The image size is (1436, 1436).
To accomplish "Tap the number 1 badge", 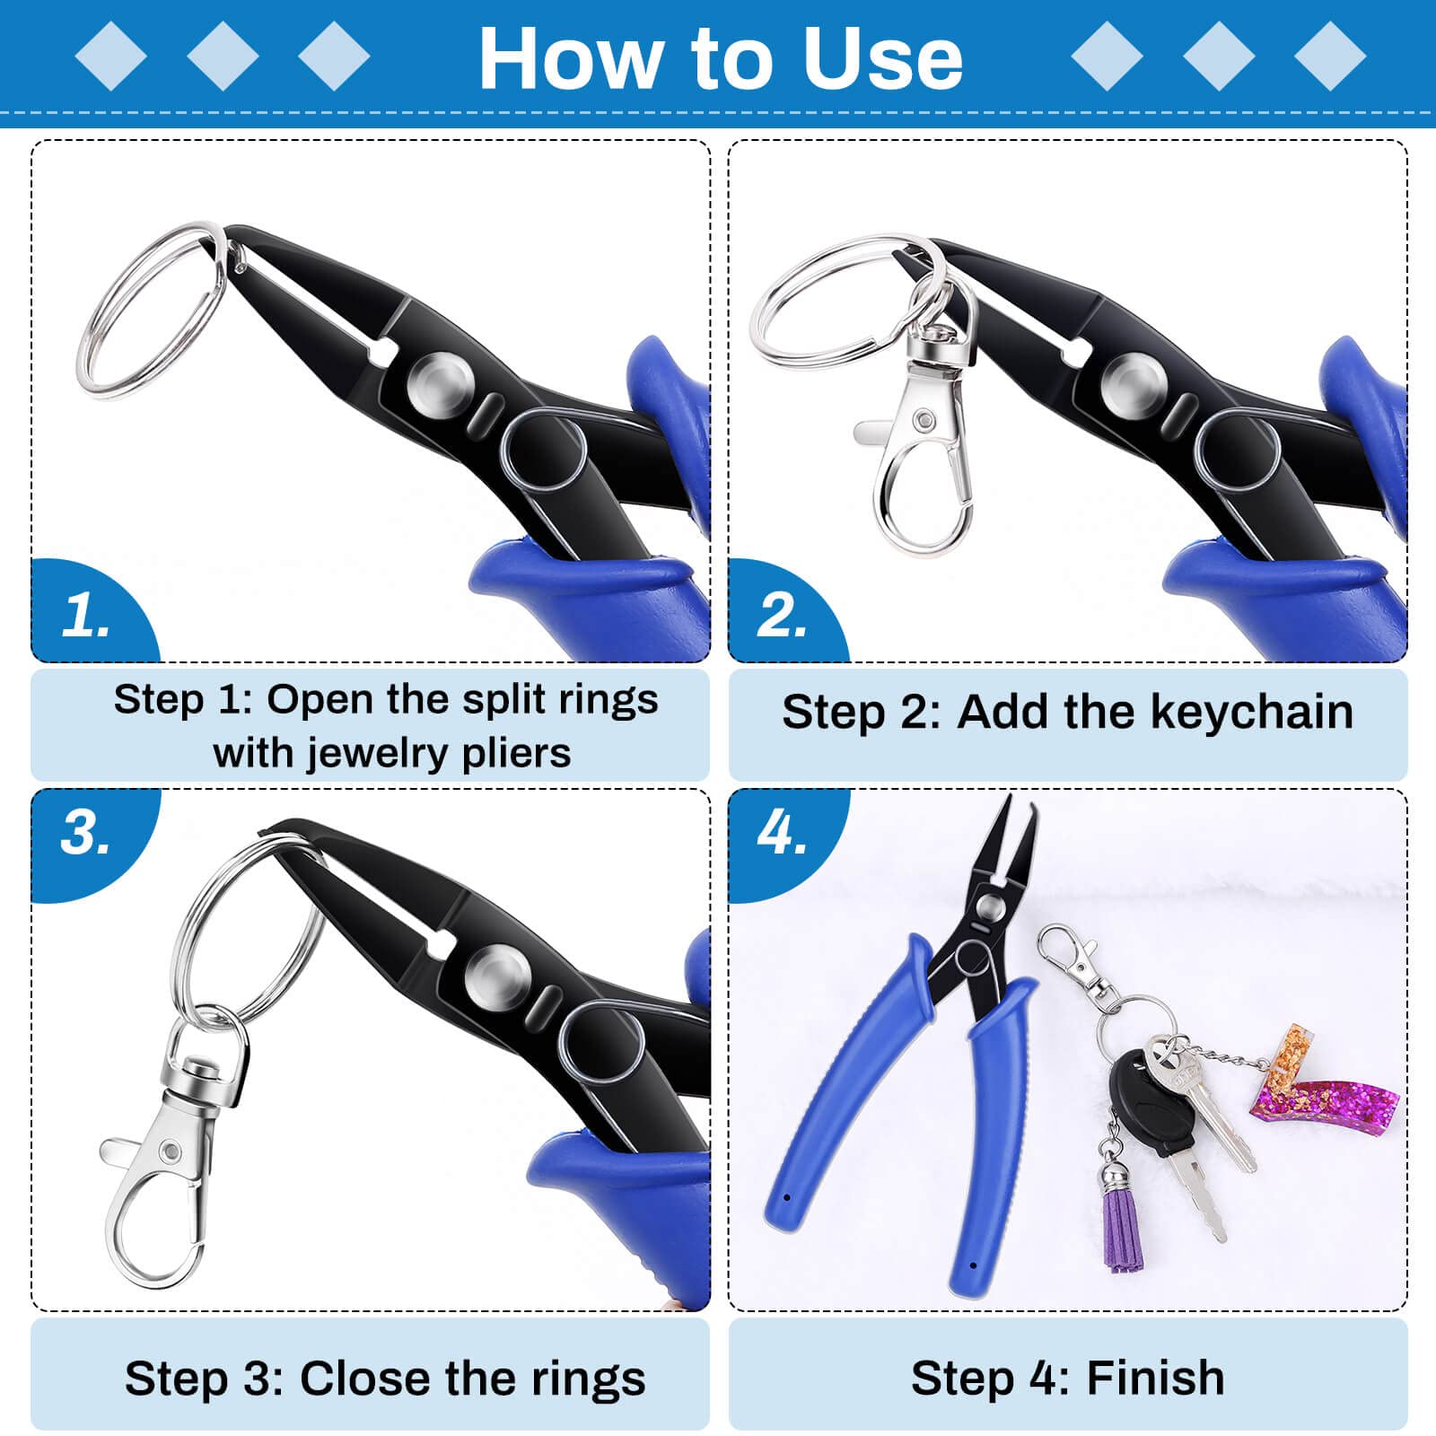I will (86, 616).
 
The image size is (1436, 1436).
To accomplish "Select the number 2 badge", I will (782, 616).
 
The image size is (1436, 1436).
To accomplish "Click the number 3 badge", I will (86, 833).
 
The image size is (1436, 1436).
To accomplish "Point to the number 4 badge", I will (782, 833).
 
